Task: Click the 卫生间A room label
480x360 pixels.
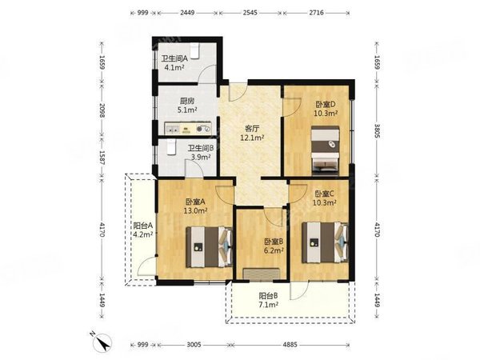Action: pos(174,58)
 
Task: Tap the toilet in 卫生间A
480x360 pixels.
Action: pos(194,51)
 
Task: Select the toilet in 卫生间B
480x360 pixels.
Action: pos(171,147)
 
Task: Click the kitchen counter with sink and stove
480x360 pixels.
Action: pos(188,129)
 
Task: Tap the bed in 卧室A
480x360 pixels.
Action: pos(210,246)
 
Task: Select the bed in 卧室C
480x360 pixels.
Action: pos(326,242)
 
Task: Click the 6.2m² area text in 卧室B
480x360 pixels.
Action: pos(274,250)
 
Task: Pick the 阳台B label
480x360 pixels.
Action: pos(269,296)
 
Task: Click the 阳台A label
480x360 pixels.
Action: pos(143,226)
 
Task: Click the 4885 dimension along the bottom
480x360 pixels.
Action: pos(290,345)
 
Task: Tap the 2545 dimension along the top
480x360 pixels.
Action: pos(250,13)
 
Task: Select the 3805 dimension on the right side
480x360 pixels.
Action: pos(377,131)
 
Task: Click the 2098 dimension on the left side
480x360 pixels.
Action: pos(102,111)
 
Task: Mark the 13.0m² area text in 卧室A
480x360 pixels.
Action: pos(196,210)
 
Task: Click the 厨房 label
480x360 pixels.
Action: pos(187,101)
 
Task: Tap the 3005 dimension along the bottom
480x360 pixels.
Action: pos(194,345)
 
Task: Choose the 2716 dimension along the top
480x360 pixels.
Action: pos(316,13)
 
